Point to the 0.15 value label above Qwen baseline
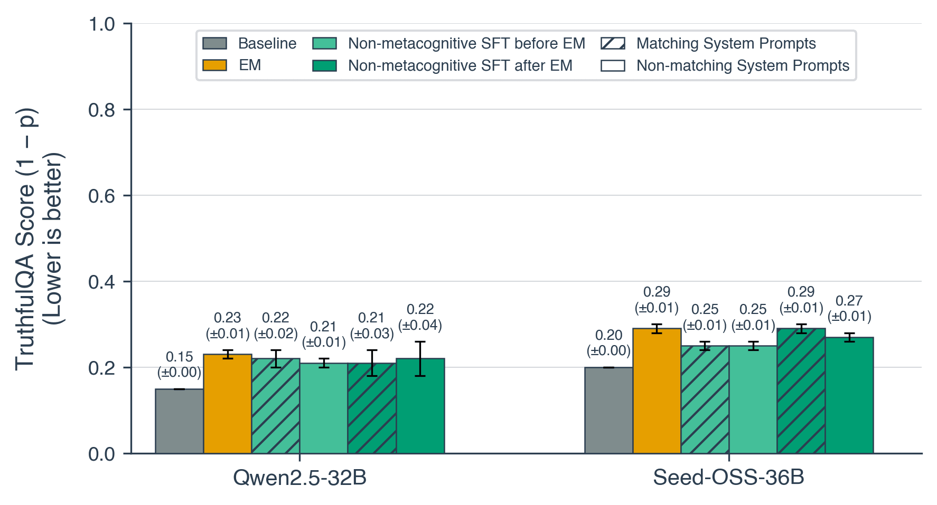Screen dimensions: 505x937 179,357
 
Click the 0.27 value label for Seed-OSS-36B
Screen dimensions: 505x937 849,301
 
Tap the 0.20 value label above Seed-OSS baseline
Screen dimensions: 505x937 608,335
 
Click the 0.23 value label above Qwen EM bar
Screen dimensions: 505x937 227,318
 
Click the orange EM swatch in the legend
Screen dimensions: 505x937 214,65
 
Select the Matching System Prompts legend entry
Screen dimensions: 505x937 726,43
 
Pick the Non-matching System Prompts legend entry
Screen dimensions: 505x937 742,65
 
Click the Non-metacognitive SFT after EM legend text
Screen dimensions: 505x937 460,65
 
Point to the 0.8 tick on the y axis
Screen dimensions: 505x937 101,110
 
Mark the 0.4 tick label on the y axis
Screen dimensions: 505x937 101,282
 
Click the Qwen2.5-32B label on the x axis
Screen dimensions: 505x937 299,478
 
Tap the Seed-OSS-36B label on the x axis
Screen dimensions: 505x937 728,478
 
